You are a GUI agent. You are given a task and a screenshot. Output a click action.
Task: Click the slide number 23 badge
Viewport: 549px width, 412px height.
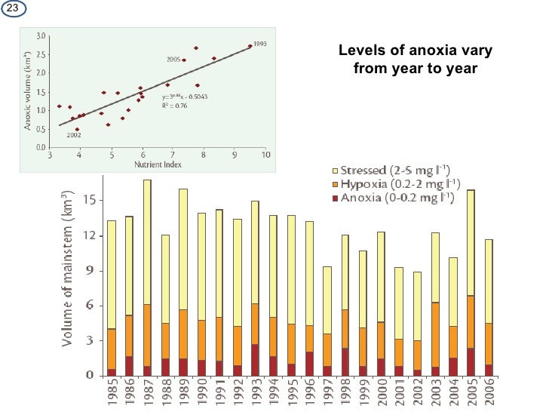[11, 8]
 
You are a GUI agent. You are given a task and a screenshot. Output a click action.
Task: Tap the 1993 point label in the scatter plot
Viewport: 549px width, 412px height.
[259, 43]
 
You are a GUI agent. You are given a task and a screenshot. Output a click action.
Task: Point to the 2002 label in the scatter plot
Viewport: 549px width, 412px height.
[74, 135]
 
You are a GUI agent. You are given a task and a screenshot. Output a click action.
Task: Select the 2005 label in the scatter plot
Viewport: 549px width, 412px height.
[173, 60]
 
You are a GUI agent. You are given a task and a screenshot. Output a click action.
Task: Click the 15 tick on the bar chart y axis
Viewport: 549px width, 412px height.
[89, 200]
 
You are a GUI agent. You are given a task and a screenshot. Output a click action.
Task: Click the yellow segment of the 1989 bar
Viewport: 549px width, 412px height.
[183, 249]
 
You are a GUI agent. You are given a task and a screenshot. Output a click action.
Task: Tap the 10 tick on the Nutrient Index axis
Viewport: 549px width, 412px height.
[265, 155]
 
